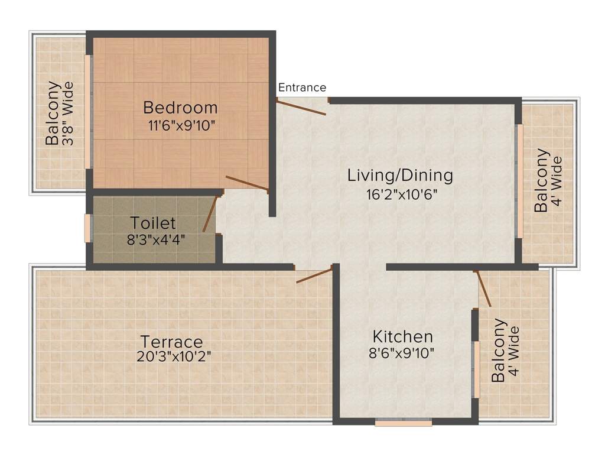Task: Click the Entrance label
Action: click(x=302, y=87)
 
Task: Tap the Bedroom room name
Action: click(x=180, y=108)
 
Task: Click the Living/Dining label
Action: click(x=400, y=176)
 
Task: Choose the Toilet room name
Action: click(x=153, y=223)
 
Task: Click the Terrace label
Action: click(x=171, y=342)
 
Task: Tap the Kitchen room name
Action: click(x=402, y=337)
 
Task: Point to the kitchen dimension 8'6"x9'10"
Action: click(x=402, y=354)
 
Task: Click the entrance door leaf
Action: click(x=301, y=108)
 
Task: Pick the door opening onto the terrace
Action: click(x=314, y=275)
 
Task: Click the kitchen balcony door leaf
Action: click(x=483, y=289)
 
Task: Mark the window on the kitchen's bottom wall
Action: click(x=404, y=423)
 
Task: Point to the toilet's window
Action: click(x=87, y=228)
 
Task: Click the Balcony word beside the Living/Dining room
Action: click(x=541, y=180)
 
